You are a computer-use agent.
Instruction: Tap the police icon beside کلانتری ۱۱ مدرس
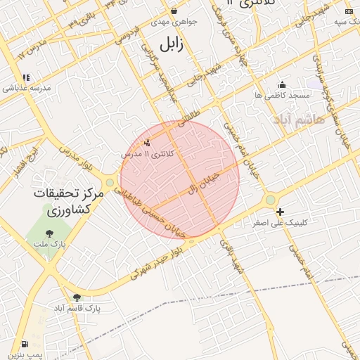click(x=147, y=143)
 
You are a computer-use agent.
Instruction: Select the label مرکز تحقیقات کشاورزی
click(x=68, y=201)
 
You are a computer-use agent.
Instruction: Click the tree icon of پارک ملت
click(x=49, y=233)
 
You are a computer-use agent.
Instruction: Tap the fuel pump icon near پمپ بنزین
click(x=25, y=345)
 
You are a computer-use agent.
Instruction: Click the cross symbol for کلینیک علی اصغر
click(x=280, y=212)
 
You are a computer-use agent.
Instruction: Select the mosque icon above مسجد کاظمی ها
click(x=283, y=84)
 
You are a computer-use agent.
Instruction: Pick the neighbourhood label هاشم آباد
click(x=319, y=119)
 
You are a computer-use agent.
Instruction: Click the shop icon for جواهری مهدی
click(x=174, y=11)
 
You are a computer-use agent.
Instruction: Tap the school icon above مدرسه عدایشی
click(x=26, y=78)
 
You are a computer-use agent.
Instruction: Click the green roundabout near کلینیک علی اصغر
click(x=271, y=200)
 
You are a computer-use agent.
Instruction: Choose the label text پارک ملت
click(x=49, y=245)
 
